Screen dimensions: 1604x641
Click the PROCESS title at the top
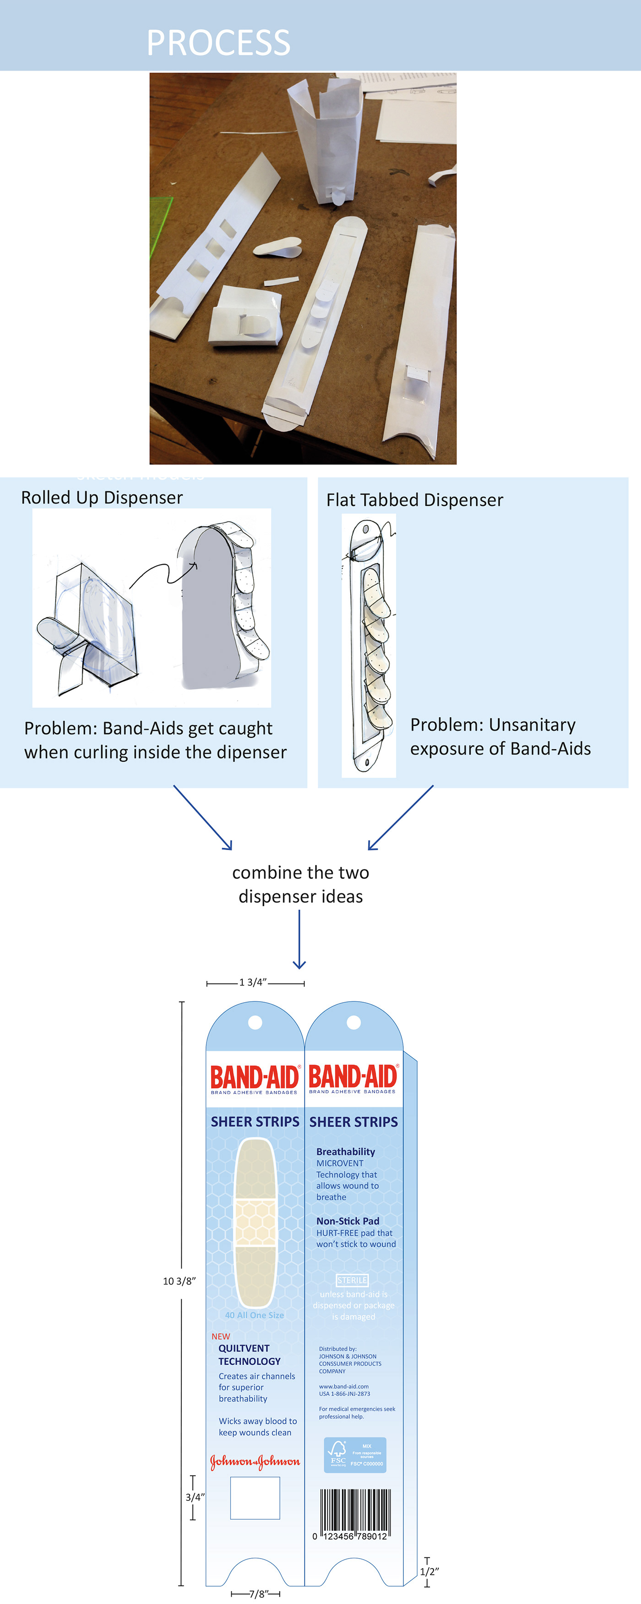pyautogui.click(x=218, y=42)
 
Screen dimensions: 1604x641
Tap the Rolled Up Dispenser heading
pyautogui.click(x=102, y=498)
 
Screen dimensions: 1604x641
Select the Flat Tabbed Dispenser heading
pyautogui.click(x=414, y=500)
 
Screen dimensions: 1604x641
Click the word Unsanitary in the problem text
pyautogui.click(x=532, y=725)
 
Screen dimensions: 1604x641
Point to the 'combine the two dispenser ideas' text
pyautogui.click(x=301, y=884)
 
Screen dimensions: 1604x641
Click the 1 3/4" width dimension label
pyautogui.click(x=253, y=983)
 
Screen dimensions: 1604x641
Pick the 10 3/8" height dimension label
pyautogui.click(x=179, y=1281)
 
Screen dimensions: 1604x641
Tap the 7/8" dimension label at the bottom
pyautogui.click(x=258, y=1594)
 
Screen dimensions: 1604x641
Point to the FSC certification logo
pyautogui.click(x=355, y=1455)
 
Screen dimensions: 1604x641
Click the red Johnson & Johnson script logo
pyautogui.click(x=255, y=1461)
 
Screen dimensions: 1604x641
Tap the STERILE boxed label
pyautogui.click(x=352, y=1280)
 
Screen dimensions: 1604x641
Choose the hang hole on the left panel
pyautogui.click(x=255, y=1022)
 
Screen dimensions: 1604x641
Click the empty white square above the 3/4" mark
pyautogui.click(x=255, y=1499)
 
